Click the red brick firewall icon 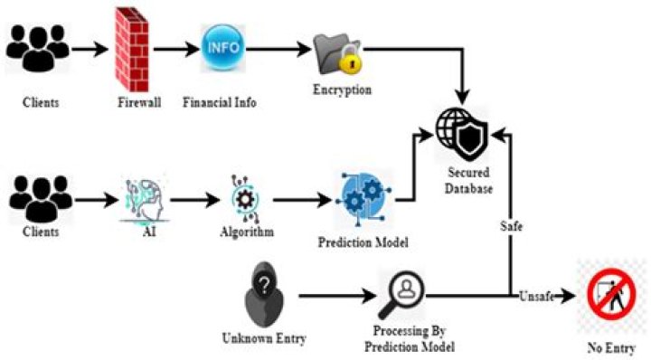pos(132,50)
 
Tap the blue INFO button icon pos(223,47)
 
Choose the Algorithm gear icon pos(245,199)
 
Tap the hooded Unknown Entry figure pos(264,294)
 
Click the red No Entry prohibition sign pos(611,294)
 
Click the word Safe pos(511,226)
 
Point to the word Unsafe pos(536,296)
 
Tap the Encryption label pos(342,90)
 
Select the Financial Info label pos(220,102)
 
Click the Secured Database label pos(468,181)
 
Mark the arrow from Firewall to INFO pos(176,50)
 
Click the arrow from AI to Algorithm pos(194,200)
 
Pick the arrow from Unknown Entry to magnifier pos(337,296)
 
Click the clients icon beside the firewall pos(38,48)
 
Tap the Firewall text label pos(139,102)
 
